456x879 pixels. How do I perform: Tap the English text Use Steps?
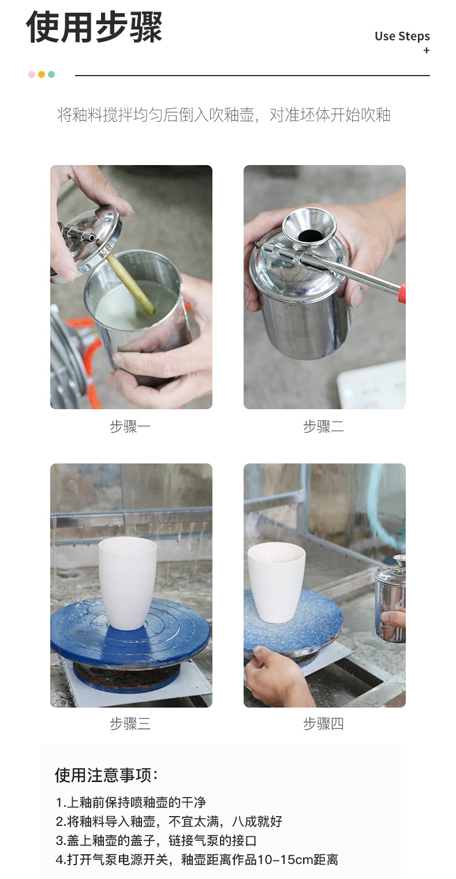pos(402,36)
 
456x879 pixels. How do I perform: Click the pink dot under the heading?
pos(32,74)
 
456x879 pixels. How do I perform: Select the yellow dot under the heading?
pos(42,74)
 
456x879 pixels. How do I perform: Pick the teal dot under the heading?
pos(51,74)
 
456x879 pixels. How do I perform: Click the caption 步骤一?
pos(130,426)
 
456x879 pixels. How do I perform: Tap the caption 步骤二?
pos(324,426)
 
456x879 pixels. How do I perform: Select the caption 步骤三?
pos(130,724)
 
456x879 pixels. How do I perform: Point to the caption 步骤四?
pos(324,724)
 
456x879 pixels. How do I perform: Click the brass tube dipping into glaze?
pos(130,283)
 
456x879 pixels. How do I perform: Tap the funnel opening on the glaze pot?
pos(310,235)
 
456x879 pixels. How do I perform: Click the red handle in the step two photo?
pos(402,293)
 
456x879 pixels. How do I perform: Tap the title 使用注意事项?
pos(106,775)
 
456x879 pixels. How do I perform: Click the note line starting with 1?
pos(130,802)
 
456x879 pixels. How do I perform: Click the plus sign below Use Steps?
pos(427,50)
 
